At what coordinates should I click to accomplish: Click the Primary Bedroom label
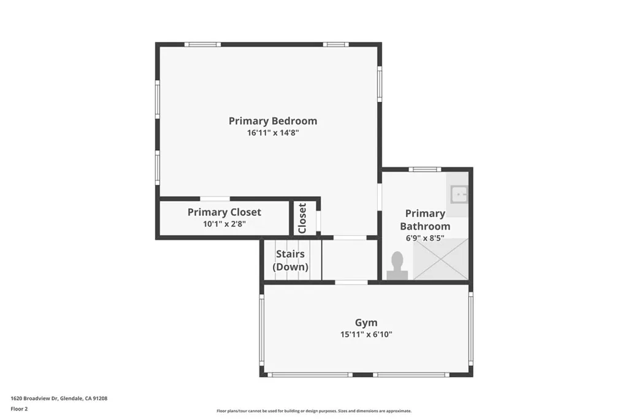click(273, 121)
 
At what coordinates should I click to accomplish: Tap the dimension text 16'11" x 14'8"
click(273, 133)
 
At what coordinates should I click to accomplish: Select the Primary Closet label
click(224, 212)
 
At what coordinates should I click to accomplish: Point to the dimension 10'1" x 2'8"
click(224, 224)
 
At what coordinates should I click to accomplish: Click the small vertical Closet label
click(302, 218)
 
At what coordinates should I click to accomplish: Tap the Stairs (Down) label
click(291, 261)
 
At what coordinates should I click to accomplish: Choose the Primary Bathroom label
click(425, 220)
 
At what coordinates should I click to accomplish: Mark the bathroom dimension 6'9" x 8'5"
click(425, 238)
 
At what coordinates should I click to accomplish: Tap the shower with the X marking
click(440, 259)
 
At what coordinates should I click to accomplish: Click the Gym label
click(366, 323)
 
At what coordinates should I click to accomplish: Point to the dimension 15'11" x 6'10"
click(366, 334)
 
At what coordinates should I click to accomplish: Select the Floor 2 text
click(19, 409)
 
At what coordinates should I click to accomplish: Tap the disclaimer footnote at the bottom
click(314, 411)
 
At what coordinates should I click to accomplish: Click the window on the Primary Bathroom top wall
click(425, 169)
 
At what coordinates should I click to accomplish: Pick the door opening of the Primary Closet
click(215, 199)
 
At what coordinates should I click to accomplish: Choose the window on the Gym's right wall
click(471, 328)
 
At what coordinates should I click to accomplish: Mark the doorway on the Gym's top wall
click(351, 282)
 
